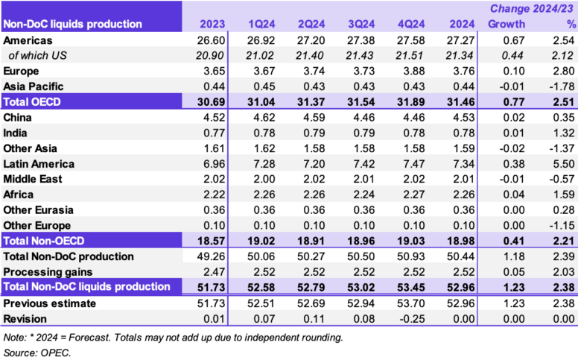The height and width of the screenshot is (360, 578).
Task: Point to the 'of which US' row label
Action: [38, 54]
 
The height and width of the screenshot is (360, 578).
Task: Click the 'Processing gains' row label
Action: [48, 271]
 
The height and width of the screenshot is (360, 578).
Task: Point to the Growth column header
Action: [506, 24]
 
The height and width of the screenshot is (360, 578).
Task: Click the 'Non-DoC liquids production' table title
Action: [72, 24]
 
